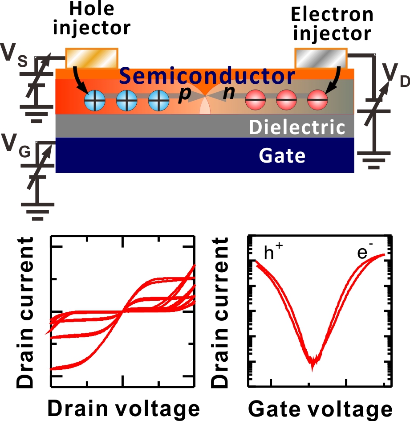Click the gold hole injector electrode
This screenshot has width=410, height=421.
click(92, 57)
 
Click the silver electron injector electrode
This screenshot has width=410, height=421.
click(321, 57)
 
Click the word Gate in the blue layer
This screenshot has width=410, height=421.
click(282, 155)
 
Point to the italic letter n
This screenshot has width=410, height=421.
click(228, 95)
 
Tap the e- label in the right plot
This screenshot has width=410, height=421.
click(365, 253)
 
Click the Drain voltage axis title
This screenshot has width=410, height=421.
click(123, 408)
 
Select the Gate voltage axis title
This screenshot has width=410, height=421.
click(320, 408)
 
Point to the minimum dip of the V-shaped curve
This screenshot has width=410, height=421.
click(313, 363)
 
